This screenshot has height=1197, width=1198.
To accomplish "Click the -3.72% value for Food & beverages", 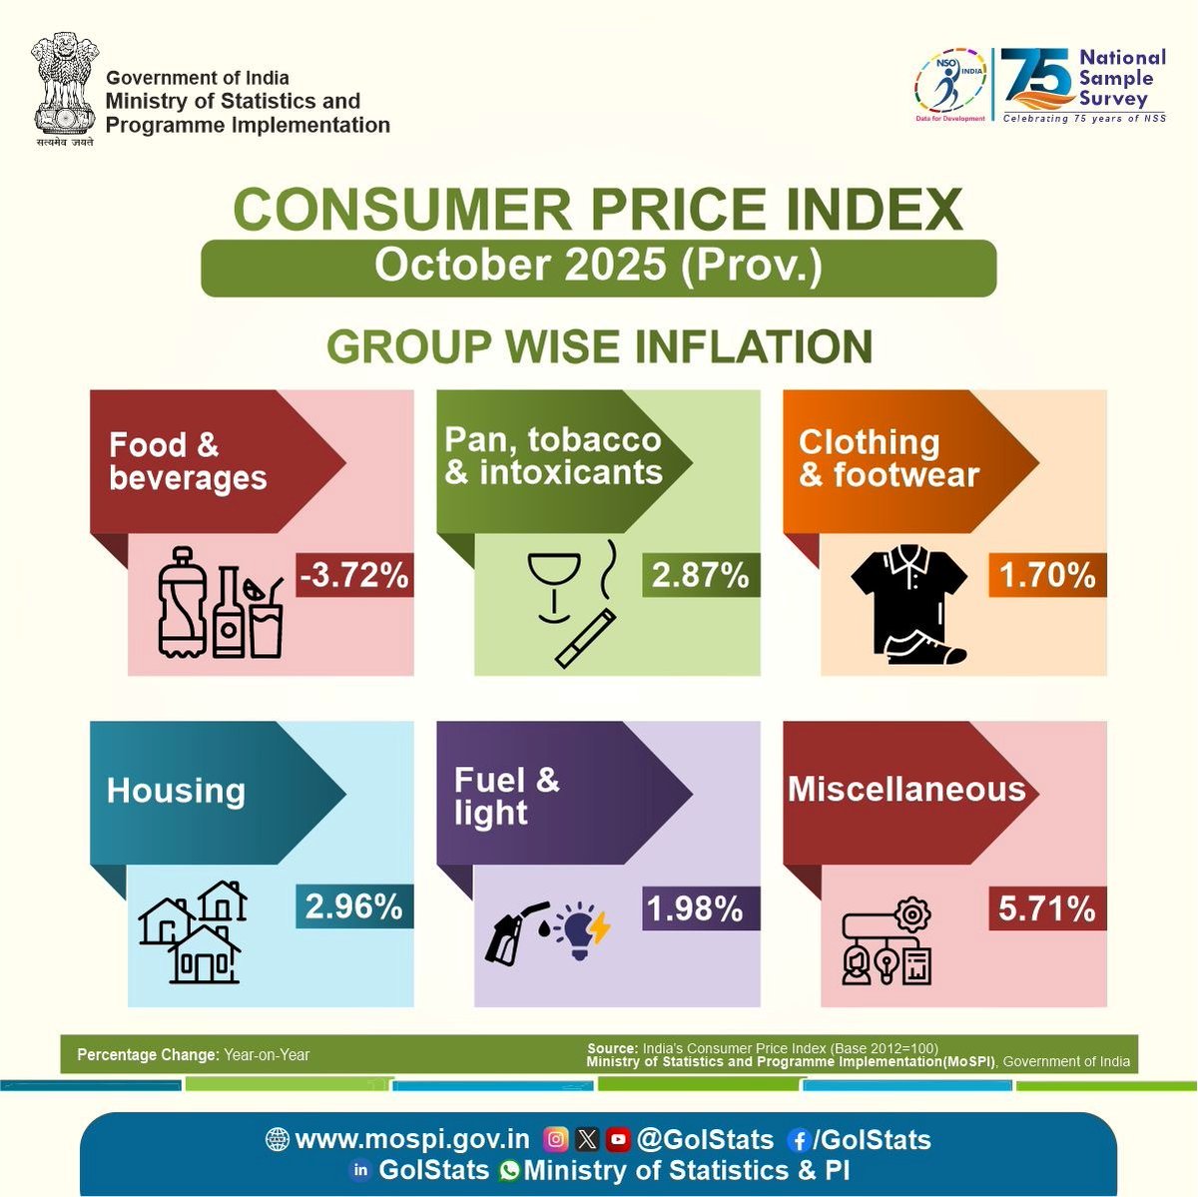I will click(x=354, y=576).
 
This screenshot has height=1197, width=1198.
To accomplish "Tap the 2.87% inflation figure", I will click(x=700, y=576).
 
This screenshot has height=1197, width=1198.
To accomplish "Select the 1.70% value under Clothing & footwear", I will click(x=1047, y=576).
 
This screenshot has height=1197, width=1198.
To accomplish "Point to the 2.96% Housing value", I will click(x=354, y=906).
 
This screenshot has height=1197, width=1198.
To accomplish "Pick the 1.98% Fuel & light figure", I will click(x=695, y=908).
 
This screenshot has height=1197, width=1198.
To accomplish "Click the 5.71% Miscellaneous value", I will click(x=1047, y=908).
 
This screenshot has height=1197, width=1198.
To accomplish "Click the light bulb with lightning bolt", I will click(x=583, y=929).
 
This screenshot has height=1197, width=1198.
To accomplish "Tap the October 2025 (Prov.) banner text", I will click(x=598, y=266).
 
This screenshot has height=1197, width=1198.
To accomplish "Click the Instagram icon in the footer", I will click(x=556, y=1139).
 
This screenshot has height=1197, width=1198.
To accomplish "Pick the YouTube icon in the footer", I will click(x=618, y=1139).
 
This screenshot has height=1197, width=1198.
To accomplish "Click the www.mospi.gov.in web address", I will click(x=412, y=1139).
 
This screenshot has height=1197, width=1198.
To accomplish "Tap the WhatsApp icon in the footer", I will click(x=510, y=1170).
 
